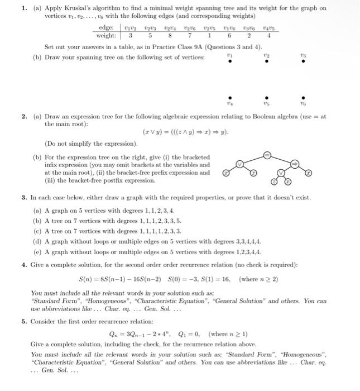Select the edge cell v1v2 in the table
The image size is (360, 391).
129,27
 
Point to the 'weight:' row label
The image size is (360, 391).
107,35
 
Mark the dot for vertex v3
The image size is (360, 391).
304,63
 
